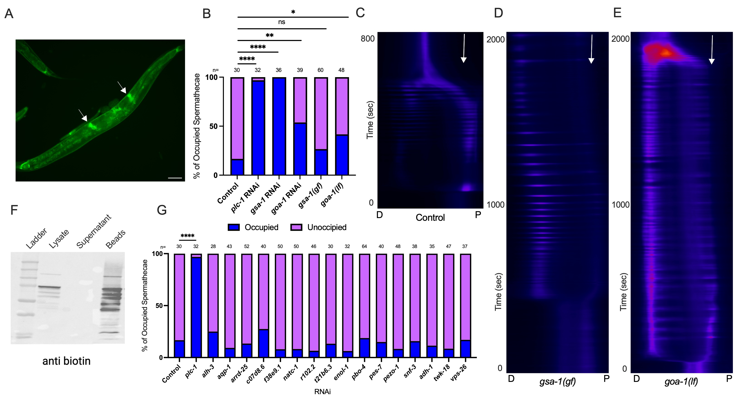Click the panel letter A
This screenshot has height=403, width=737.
[x=9, y=14]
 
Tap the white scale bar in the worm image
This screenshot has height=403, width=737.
[x=175, y=178]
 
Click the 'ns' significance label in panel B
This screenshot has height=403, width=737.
[x=282, y=22]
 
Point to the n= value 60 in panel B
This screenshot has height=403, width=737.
[x=320, y=70]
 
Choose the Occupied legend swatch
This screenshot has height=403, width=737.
[x=233, y=227]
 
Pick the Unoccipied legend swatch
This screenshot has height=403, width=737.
[x=296, y=227]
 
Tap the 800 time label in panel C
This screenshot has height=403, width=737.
[x=367, y=39]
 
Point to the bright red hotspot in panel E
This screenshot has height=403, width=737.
[x=665, y=53]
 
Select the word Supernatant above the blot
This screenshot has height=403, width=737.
[x=94, y=232]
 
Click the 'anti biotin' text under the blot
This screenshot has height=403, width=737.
[x=66, y=361]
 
